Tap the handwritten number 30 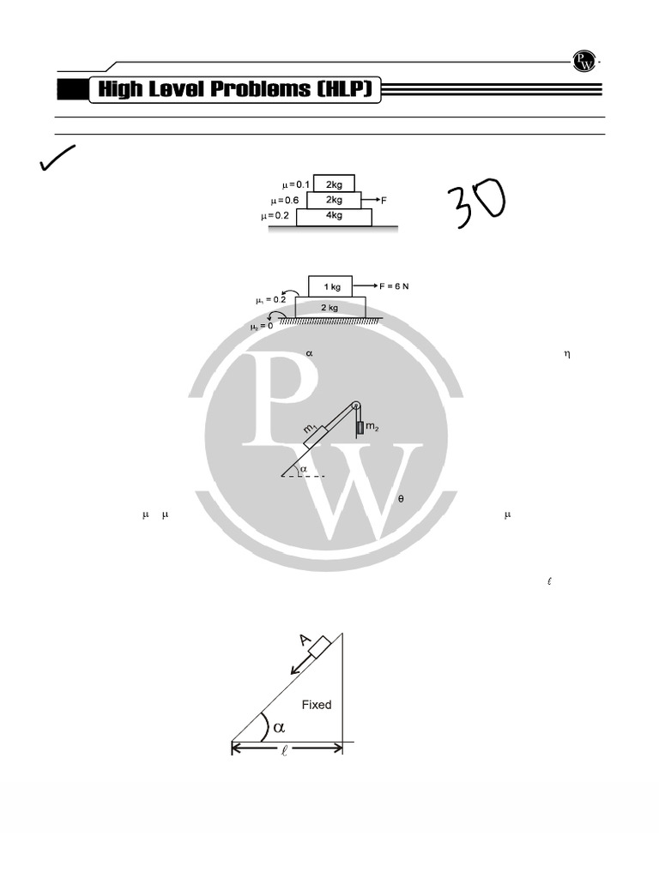coord(477,202)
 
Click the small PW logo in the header coord(583,61)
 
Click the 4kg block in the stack coord(334,217)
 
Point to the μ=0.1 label coord(295,185)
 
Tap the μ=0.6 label coord(284,201)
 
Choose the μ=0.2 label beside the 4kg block coord(275,215)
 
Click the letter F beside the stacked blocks coord(384,201)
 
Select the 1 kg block coord(330,286)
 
